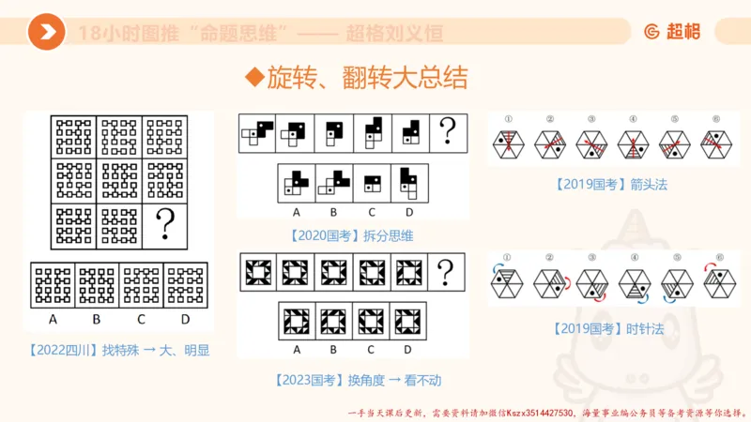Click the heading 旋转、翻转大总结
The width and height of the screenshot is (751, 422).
coord(356,78)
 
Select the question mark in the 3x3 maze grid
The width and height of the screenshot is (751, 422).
coord(166,224)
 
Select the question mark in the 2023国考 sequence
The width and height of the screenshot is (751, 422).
coord(447,272)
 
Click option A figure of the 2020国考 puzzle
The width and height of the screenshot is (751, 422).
coord(298,181)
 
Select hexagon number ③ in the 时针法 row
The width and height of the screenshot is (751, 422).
coord(590,281)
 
